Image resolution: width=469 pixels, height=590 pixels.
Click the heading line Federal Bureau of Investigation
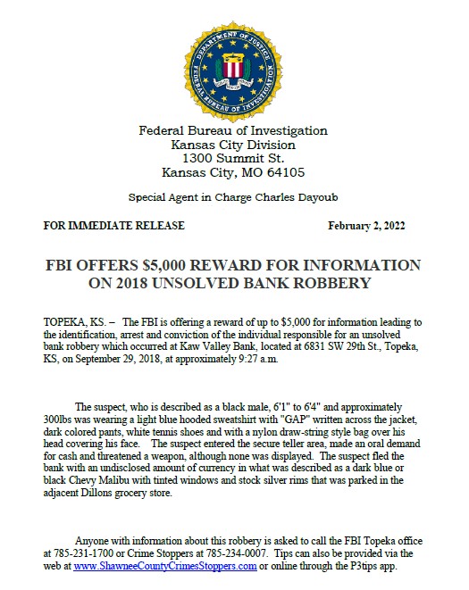coord(233,130)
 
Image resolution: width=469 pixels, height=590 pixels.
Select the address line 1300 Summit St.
coord(233,158)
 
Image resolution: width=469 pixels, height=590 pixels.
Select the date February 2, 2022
coord(367,226)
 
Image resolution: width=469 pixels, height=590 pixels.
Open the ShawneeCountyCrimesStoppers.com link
coord(158,566)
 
